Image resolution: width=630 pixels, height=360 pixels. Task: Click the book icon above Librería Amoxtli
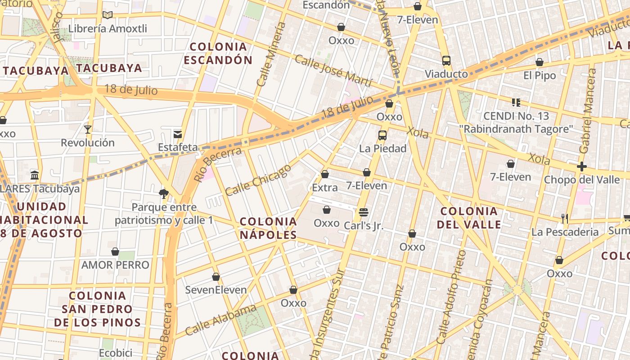(107, 15)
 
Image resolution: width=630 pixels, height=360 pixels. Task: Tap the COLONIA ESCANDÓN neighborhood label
(218, 53)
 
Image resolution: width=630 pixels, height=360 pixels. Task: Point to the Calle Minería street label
(271, 54)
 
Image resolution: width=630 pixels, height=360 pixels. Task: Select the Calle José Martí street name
(333, 71)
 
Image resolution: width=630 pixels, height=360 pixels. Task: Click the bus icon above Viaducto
(446, 61)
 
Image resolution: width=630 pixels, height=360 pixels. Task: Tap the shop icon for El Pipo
(539, 62)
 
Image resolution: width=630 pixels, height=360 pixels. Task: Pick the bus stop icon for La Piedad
(382, 135)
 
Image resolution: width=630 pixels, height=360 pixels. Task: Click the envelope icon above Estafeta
(178, 134)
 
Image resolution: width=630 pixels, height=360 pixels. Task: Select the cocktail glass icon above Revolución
(88, 130)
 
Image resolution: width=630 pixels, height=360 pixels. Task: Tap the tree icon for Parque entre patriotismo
(164, 194)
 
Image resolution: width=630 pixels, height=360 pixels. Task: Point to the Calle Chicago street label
(258, 180)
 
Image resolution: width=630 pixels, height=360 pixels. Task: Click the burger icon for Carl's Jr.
(364, 212)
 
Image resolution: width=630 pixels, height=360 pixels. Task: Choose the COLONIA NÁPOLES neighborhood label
(268, 228)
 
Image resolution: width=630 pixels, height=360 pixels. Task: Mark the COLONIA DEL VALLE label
(470, 218)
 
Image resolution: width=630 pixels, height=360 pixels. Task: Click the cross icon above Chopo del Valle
(581, 166)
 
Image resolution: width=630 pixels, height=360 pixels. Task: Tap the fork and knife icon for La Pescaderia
(565, 219)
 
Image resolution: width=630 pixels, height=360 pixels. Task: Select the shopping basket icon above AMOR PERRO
(115, 252)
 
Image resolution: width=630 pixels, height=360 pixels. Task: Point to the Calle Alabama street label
(220, 320)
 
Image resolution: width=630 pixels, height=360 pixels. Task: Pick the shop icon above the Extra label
(325, 174)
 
